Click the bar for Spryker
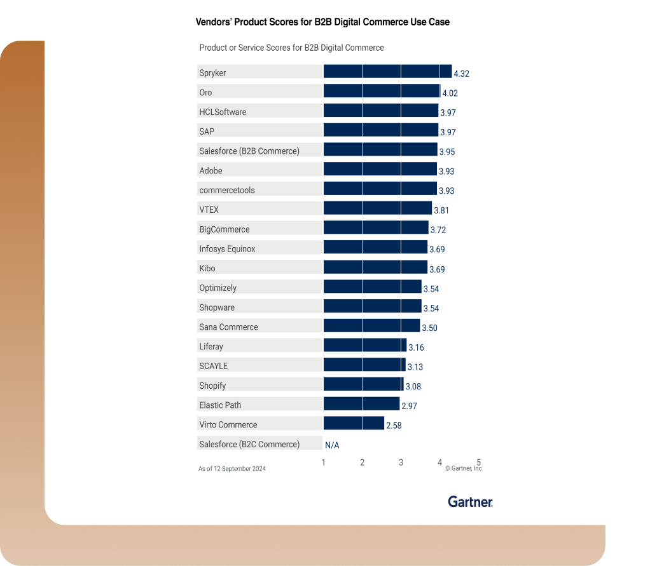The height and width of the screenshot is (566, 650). pyautogui.click(x=387, y=71)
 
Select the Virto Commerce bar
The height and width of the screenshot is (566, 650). pyautogui.click(x=354, y=424)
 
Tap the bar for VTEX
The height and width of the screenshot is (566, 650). pyautogui.click(x=377, y=208)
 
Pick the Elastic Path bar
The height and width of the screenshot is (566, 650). pyautogui.click(x=361, y=404)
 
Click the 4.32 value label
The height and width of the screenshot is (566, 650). pyautogui.click(x=461, y=74)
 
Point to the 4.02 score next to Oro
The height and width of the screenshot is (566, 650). pyautogui.click(x=450, y=93)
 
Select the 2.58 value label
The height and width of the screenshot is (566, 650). pyautogui.click(x=394, y=426)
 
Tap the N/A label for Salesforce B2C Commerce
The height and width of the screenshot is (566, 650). pyautogui.click(x=332, y=445)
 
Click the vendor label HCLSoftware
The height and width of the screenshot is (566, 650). pyautogui.click(x=223, y=112)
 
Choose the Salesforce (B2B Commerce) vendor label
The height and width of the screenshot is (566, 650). pyautogui.click(x=249, y=151)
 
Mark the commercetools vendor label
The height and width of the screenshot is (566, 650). pyautogui.click(x=227, y=191)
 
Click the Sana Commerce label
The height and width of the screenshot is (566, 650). pyautogui.click(x=229, y=327)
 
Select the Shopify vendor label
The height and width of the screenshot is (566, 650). pyautogui.click(x=212, y=386)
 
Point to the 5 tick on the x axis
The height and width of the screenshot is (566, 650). pyautogui.click(x=478, y=462)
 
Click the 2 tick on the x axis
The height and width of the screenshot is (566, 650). pyautogui.click(x=363, y=462)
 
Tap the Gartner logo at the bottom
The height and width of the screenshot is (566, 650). pyautogui.click(x=470, y=502)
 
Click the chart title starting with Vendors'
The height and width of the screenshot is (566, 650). pyautogui.click(x=322, y=22)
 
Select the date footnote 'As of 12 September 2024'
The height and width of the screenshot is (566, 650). pyautogui.click(x=232, y=469)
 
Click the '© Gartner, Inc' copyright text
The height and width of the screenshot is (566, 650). pyautogui.click(x=463, y=469)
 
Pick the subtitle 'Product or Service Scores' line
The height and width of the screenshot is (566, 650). pyautogui.click(x=291, y=48)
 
